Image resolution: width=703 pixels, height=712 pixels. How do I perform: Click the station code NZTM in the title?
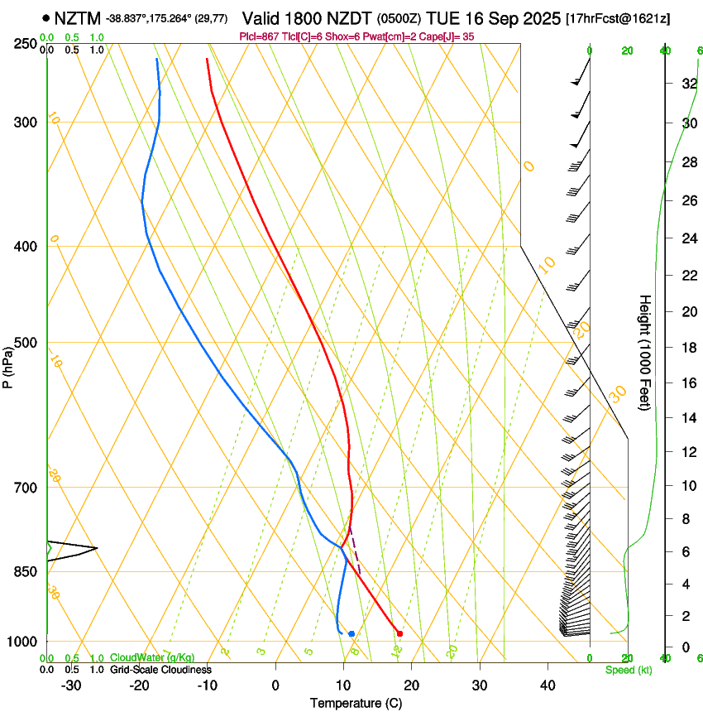click(x=78, y=18)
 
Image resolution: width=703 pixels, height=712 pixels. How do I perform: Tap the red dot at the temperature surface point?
click(x=399, y=633)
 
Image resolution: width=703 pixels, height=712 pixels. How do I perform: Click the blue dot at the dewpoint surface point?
click(x=351, y=634)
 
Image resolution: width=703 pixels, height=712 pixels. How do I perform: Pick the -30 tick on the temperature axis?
click(x=71, y=686)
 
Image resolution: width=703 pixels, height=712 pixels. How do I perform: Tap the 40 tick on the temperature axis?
click(x=547, y=686)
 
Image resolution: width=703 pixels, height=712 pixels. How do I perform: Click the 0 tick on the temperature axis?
click(x=275, y=686)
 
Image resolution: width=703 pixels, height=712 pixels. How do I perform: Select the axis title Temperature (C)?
click(x=356, y=703)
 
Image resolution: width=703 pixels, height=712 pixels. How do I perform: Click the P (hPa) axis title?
click(x=8, y=365)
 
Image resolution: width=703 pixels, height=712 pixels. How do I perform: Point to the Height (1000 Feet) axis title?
click(x=646, y=353)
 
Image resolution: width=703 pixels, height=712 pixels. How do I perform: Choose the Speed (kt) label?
click(x=629, y=670)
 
